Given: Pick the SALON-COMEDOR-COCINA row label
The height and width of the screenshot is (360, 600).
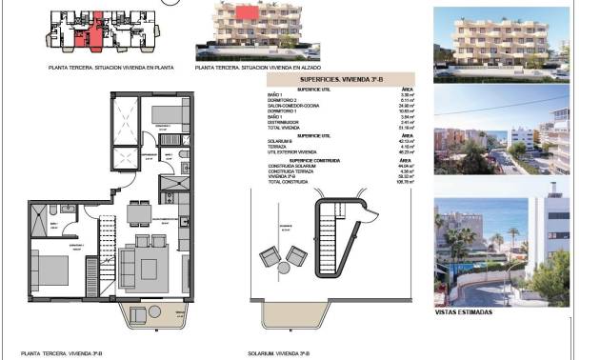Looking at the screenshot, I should click(291, 106).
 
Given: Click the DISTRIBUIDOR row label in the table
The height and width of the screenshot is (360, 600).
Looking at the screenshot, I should click(283, 122).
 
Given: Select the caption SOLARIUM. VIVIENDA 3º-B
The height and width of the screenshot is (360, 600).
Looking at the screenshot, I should click(289, 353).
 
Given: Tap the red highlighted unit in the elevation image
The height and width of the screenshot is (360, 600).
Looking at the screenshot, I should click(248, 13).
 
